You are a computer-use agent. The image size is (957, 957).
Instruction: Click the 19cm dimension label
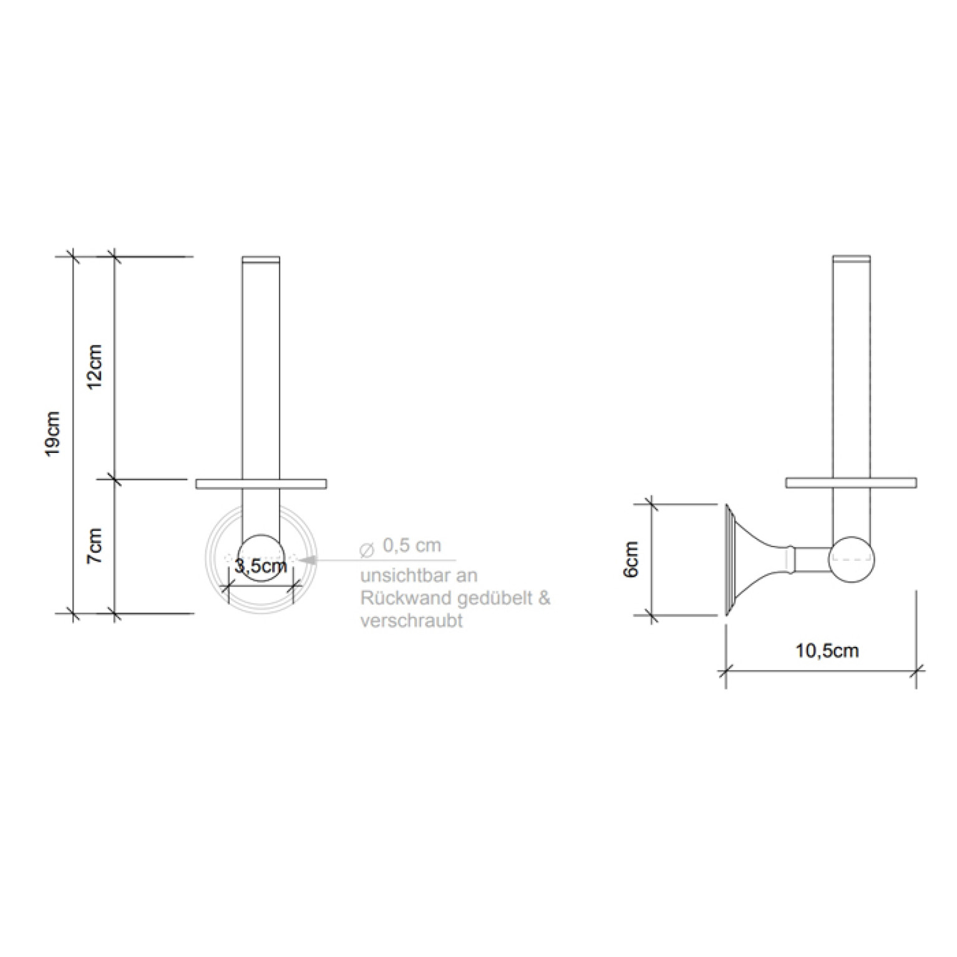(53, 434)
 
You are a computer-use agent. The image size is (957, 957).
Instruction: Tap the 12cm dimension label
(94, 367)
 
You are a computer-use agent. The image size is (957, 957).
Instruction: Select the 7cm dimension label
(94, 546)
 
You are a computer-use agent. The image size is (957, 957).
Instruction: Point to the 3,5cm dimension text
(261, 566)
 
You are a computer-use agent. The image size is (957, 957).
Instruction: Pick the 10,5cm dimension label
(827, 651)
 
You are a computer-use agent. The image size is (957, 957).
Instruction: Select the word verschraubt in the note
(412, 621)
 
